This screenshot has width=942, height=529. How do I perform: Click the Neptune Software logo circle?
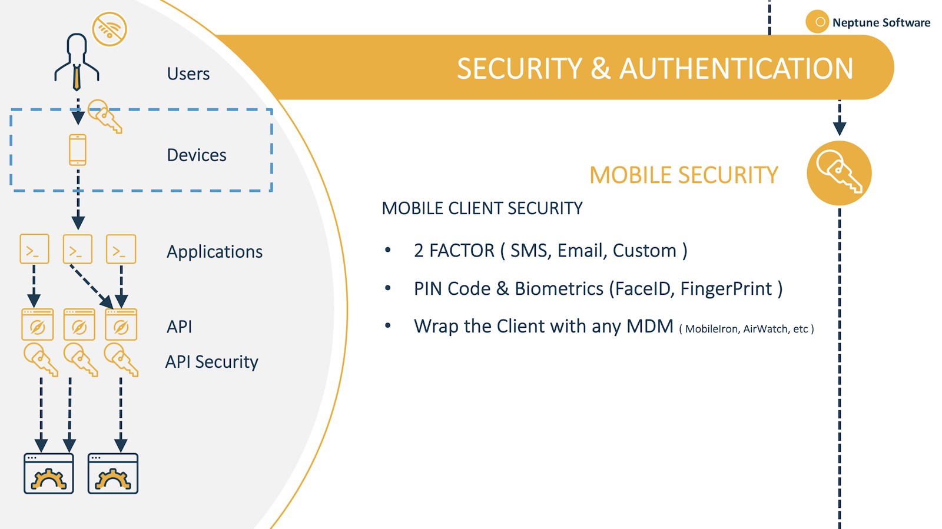(x=817, y=22)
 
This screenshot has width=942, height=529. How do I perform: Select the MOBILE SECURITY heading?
(x=684, y=175)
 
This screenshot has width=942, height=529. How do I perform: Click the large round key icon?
(x=839, y=173)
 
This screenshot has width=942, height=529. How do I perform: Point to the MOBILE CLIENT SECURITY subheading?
(x=482, y=208)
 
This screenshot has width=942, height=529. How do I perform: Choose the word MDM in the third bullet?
(x=649, y=327)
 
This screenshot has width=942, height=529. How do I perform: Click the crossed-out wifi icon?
(x=110, y=29)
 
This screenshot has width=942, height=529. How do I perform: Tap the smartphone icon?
(x=78, y=150)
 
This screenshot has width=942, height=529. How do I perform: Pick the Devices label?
(x=197, y=155)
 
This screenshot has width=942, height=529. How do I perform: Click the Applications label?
(x=214, y=252)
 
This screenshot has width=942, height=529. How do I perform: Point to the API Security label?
(x=211, y=362)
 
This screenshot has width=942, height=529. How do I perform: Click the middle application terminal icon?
(x=78, y=249)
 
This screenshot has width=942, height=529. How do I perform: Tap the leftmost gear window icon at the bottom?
(x=49, y=473)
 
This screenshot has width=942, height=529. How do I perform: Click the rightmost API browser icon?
(x=121, y=325)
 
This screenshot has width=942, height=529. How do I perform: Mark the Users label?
(x=188, y=74)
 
